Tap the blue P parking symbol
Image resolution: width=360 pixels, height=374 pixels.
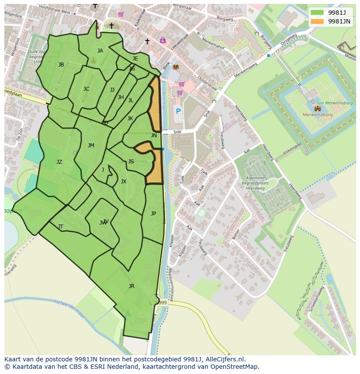(178, 111)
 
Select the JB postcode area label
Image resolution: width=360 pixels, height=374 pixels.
(61, 65)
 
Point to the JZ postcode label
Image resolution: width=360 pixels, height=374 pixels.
(59, 162)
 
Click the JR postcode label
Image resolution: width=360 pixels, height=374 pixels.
(131, 286)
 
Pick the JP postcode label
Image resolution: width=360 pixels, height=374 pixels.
(153, 213)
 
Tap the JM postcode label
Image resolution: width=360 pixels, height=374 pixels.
(91, 146)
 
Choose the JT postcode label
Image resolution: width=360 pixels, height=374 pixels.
(60, 226)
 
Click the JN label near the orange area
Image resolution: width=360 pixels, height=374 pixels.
(154, 136)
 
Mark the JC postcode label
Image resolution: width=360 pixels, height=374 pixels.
(86, 89)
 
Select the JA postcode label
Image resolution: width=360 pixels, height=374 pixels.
(100, 51)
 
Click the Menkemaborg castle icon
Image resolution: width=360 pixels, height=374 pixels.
(317, 109)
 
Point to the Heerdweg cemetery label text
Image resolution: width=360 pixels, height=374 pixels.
(255, 185)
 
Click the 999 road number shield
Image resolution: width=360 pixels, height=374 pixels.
(162, 303)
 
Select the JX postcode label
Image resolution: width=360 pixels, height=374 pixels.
(123, 182)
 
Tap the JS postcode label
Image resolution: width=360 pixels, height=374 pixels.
(131, 162)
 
